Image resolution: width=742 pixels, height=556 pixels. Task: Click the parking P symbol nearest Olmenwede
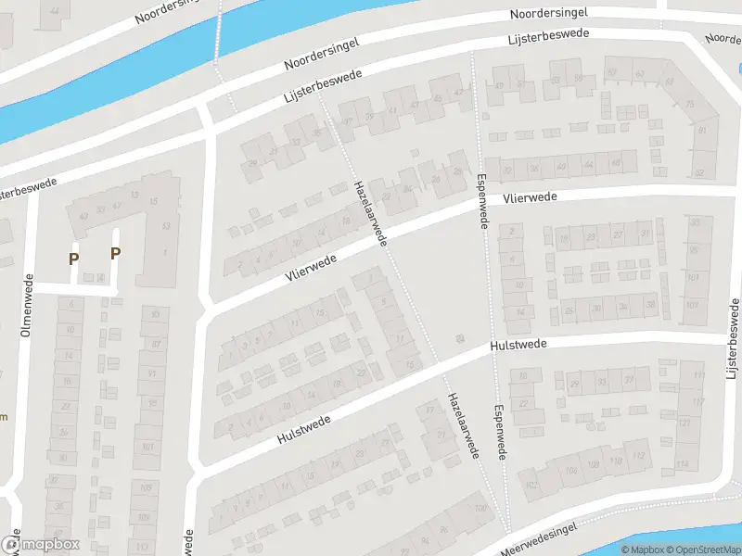tap(73, 259)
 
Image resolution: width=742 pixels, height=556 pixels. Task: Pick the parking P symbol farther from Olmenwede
tap(116, 253)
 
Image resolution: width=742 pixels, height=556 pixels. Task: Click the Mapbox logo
tap(39, 545)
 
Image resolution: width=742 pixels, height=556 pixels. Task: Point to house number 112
tap(638, 455)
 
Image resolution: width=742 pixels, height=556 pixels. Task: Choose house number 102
tap(531, 485)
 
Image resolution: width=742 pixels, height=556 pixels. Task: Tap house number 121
tap(684, 422)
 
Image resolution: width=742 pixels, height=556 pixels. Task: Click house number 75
tap(689, 105)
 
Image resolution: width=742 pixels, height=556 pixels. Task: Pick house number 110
tap(616, 461)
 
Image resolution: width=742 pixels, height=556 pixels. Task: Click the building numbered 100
tap(480, 509)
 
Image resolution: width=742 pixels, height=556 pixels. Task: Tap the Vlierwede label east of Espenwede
tap(531, 197)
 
